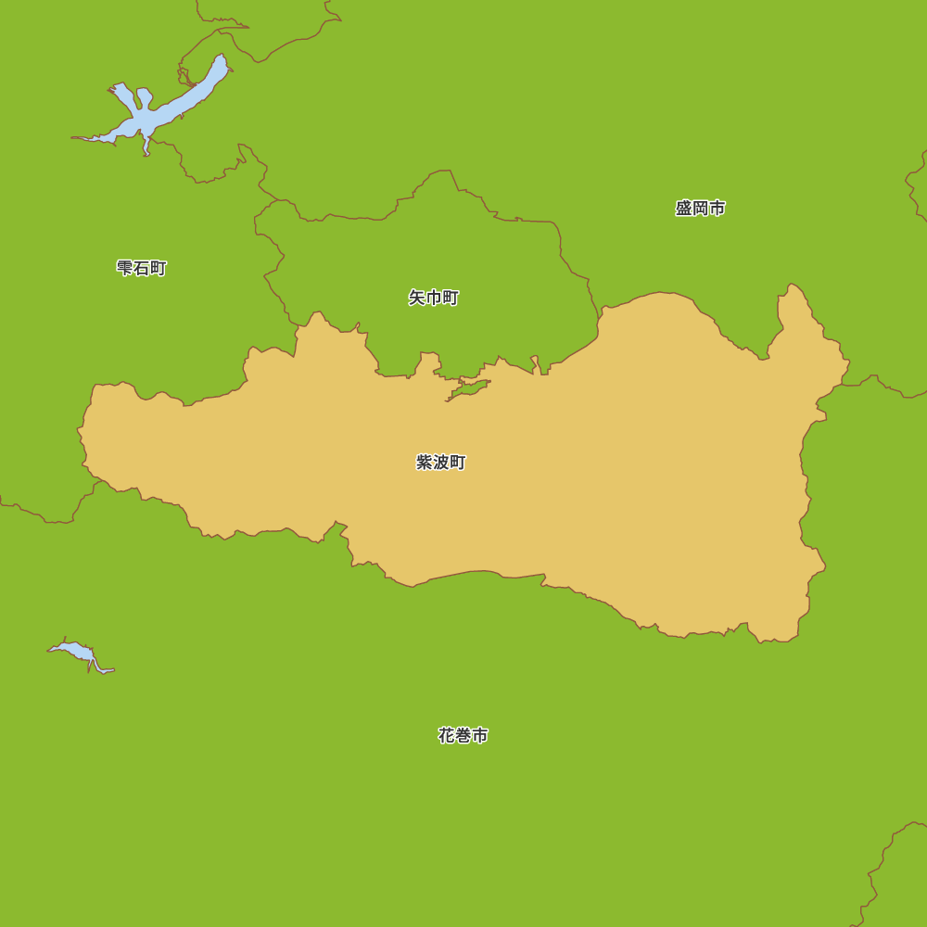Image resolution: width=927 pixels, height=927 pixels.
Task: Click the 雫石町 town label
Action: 142,268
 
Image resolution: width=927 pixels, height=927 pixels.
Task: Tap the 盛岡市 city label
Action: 700,209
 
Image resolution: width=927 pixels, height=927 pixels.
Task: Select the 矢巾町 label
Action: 434,298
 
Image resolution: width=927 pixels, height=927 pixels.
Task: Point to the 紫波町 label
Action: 441,463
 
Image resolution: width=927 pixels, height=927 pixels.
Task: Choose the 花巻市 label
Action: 463,736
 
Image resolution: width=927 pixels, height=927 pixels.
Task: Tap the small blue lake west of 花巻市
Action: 79,652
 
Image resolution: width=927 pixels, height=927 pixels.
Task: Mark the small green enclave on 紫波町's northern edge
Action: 469,388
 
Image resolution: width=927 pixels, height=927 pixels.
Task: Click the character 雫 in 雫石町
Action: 125,268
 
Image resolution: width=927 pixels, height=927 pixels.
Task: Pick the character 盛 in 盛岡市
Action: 684,209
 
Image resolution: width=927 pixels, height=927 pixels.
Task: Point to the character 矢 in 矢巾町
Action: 417,298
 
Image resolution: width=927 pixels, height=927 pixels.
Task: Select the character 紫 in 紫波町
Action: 425,463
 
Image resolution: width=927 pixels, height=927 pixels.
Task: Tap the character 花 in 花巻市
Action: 447,736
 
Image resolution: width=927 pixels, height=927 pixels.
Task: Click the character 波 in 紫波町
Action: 441,463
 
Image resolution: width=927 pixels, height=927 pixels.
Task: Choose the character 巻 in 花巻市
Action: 463,736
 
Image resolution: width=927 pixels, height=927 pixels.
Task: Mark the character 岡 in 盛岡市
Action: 700,209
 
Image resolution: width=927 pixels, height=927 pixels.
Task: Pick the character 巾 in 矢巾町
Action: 434,298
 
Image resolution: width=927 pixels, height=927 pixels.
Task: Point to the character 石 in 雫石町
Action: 142,268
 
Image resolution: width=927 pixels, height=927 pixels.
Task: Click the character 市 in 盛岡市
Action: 717,209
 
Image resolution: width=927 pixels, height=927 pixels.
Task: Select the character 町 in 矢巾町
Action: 451,298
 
